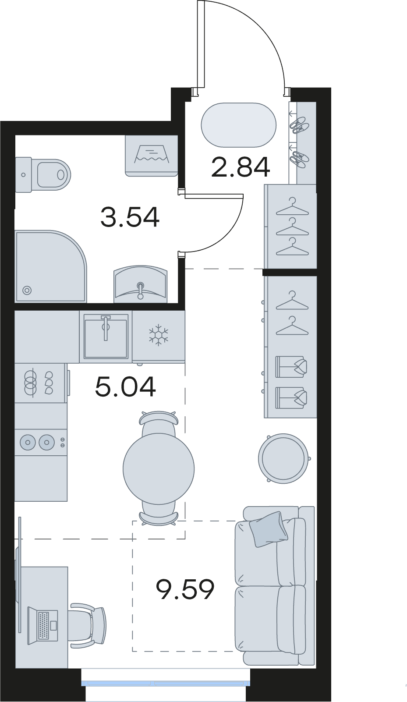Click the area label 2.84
point(241,167)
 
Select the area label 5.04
point(125,387)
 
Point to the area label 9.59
point(185,589)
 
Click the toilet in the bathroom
point(43,174)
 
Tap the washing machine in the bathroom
point(152,156)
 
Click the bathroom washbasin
point(140,284)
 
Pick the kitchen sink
point(106,336)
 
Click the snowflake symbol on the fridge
point(159,336)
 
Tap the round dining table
point(159,469)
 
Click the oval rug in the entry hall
point(239,125)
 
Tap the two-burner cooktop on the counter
point(41,442)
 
